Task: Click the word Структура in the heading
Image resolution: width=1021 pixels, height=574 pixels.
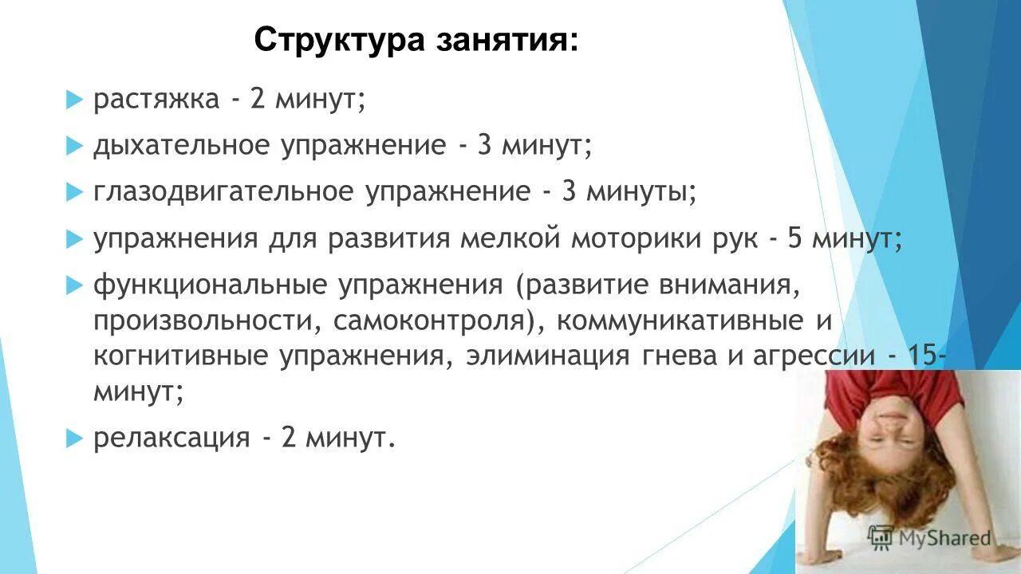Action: point(338,40)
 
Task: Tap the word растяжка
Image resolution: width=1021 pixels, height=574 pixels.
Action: point(156,100)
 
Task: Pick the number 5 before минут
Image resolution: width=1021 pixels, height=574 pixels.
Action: point(794,238)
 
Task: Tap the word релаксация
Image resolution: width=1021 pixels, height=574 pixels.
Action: point(171,438)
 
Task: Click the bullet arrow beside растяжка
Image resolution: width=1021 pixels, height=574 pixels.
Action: point(74,100)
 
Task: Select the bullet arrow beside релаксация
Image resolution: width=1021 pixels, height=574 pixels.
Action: point(74,437)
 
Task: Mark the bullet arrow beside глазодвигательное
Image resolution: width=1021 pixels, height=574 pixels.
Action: point(74,192)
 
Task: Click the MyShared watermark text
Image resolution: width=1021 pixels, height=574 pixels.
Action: point(944,538)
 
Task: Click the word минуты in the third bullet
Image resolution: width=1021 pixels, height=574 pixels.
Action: point(641,192)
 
